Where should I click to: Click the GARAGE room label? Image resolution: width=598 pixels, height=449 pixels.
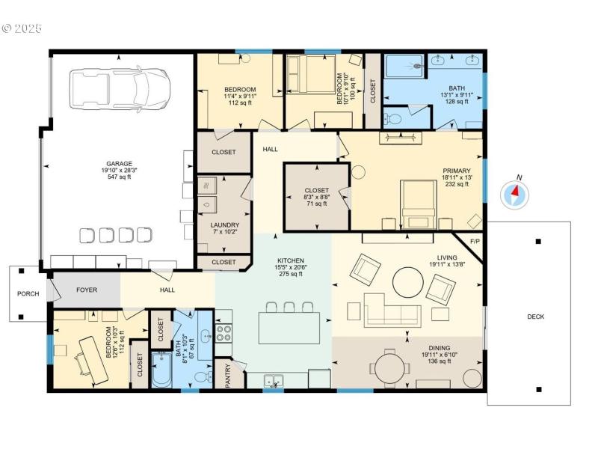coord(119,163)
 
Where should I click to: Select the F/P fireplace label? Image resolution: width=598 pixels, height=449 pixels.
coord(474,242)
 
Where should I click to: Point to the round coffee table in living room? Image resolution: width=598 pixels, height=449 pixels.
coord(408,282)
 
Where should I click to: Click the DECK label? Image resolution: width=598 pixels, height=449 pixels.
coord(535,317)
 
